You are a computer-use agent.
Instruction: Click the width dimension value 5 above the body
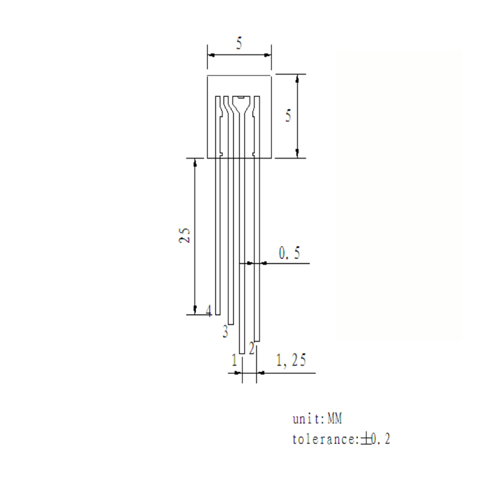tap(240, 43)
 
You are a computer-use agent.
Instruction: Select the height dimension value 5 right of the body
tap(289, 116)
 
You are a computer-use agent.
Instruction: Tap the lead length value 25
tap(185, 235)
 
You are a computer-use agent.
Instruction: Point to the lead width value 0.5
tap(289, 253)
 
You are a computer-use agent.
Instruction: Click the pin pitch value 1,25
tap(291, 361)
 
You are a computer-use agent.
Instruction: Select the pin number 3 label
tap(225, 332)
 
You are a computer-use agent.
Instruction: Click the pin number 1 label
tap(234, 361)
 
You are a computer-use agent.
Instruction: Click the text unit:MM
tap(318, 419)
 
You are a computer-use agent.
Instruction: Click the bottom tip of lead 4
tap(217, 314)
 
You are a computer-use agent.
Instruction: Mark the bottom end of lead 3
tap(231, 325)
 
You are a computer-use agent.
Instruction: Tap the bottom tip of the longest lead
tap(242, 353)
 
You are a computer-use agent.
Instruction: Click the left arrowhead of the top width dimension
tap(210, 54)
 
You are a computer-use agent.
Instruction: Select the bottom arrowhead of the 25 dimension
tap(195, 310)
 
